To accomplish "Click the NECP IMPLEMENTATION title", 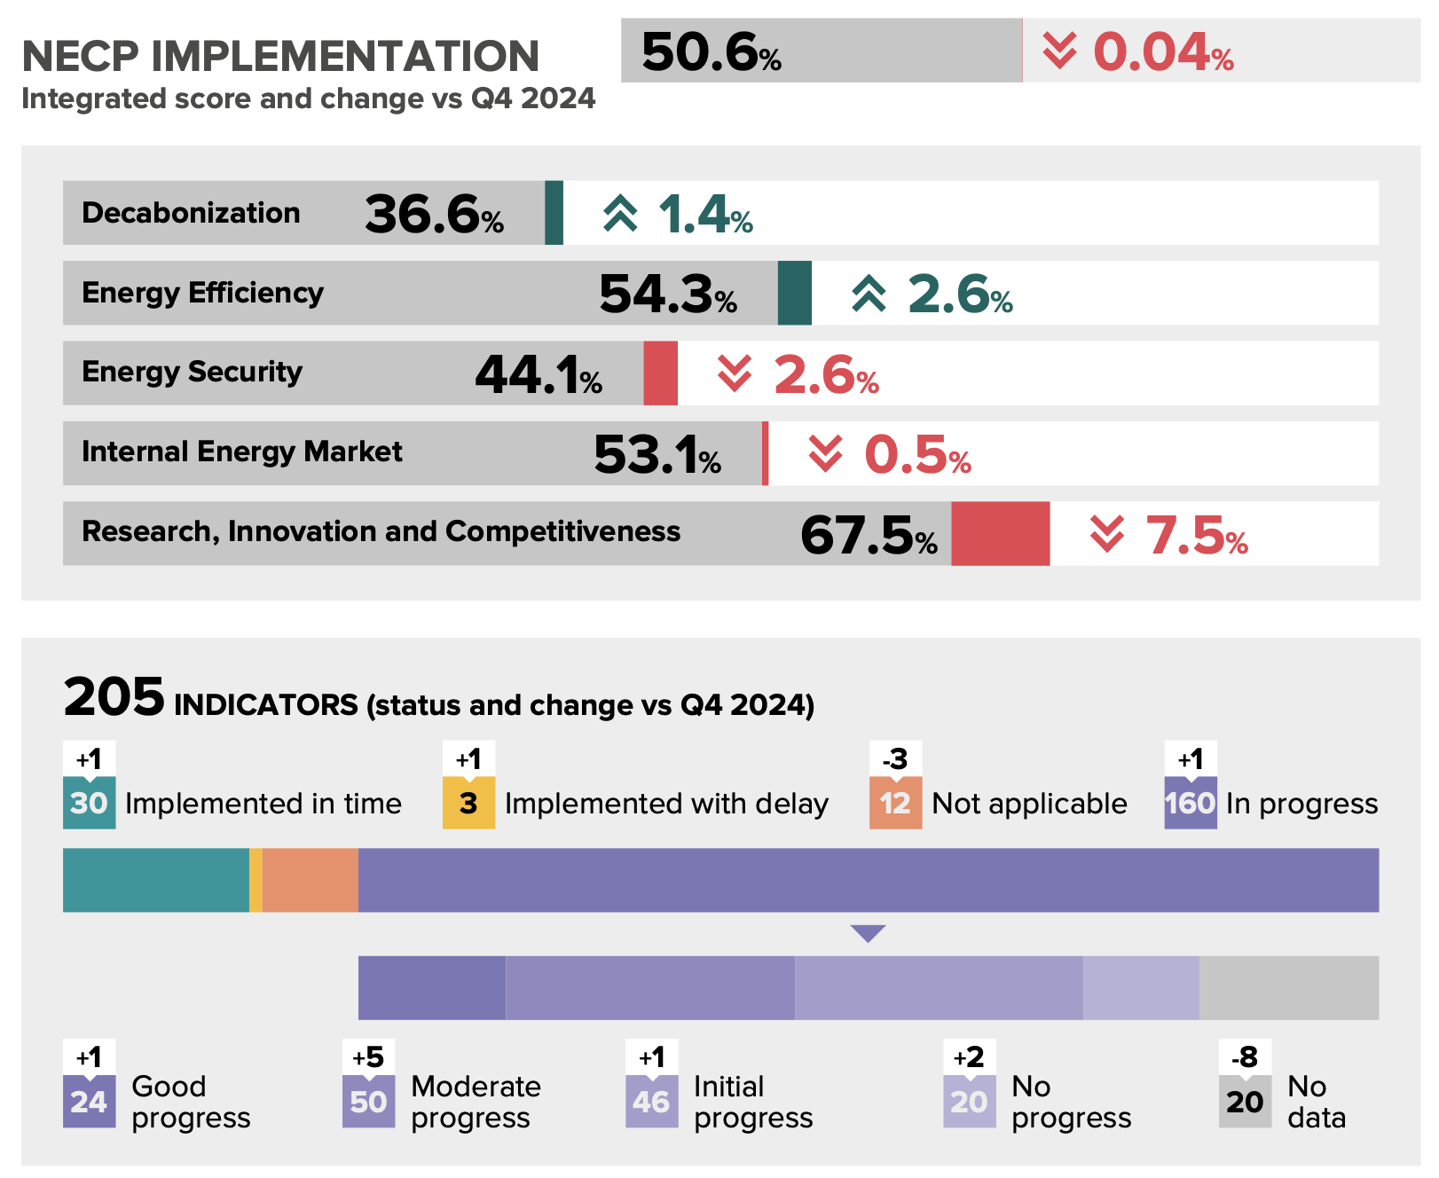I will [280, 57].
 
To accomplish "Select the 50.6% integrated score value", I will [711, 52].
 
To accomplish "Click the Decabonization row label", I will [191, 213].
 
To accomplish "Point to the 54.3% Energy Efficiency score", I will [667, 294].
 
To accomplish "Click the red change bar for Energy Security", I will [660, 373].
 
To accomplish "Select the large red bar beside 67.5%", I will [1000, 533].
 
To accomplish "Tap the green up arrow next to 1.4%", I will [620, 214].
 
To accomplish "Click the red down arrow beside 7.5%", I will [1106, 534].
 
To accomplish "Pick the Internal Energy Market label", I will [241, 452].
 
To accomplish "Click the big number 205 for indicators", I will [114, 697].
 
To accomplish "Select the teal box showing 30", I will [89, 803].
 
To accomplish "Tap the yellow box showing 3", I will [468, 803].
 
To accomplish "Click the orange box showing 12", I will [895, 803].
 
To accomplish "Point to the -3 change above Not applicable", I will [895, 759].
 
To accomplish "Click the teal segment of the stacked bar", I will [155, 880].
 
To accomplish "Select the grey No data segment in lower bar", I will [1288, 987].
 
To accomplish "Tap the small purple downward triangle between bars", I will [868, 932].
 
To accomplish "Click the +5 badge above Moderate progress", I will [368, 1057].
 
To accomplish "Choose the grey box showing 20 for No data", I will [1245, 1102].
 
